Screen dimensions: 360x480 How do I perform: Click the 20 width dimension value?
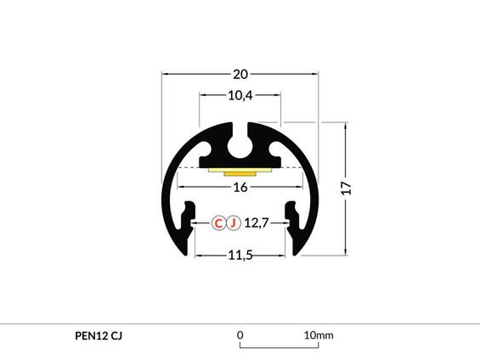point(240,73)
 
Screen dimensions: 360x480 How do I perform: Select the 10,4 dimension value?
point(240,95)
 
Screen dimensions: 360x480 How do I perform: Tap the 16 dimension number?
point(240,187)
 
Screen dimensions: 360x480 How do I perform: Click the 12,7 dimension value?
point(257,223)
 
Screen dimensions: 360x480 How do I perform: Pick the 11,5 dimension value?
point(240,256)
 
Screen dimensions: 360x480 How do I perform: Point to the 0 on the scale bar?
point(240,335)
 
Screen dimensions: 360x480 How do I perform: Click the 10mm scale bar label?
point(319,335)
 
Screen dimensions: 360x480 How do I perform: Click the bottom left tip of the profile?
point(181,250)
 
